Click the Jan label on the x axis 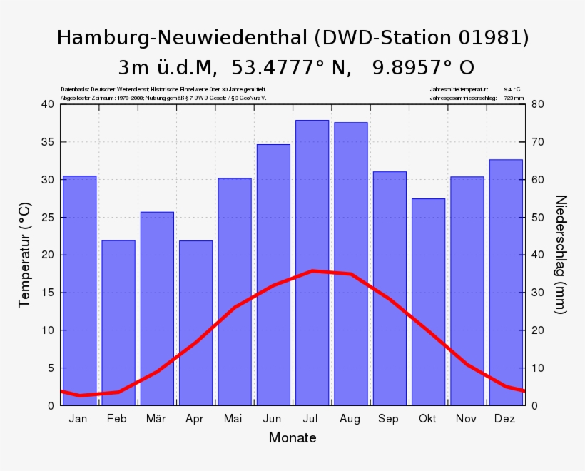point(78,419)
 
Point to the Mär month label point(156,419)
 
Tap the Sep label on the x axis point(389,419)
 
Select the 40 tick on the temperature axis point(47,104)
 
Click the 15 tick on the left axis point(47,293)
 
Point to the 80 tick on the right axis point(538,104)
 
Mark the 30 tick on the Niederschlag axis point(538,293)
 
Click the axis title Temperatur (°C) point(25,255)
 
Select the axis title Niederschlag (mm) point(561,254)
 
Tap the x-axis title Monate point(292,437)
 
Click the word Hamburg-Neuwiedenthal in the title point(181,38)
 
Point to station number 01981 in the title point(489,38)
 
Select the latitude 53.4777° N point(290,68)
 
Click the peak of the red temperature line point(312,270)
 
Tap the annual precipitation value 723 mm point(514,98)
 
